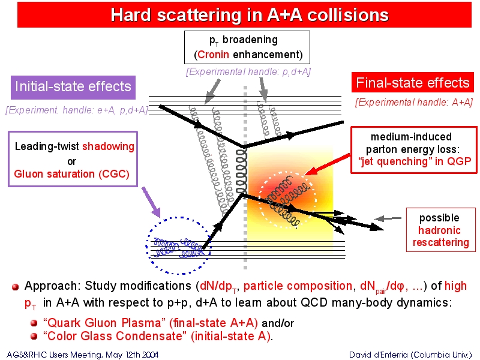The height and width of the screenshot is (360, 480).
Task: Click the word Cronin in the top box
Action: tap(213, 55)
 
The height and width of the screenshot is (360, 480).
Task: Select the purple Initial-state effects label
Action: tap(73, 87)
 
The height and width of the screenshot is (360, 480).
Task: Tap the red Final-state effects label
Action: tap(413, 83)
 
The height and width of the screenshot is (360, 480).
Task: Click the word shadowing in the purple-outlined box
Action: tap(108, 146)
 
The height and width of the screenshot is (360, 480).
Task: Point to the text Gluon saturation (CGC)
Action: tap(72, 174)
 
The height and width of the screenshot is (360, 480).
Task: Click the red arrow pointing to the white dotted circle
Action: tap(328, 164)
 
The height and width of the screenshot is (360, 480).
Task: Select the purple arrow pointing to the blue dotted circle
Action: tap(151, 202)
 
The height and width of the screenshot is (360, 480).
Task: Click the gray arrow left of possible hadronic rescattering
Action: tap(388, 218)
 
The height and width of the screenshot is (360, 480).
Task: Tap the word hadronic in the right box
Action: tap(439, 230)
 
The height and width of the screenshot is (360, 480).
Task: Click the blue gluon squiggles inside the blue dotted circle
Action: tap(178, 247)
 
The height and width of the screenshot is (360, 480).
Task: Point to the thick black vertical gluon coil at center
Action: tap(242, 172)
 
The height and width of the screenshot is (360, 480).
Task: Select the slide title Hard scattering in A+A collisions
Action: tap(250, 14)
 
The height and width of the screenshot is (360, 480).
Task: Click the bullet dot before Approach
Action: tap(16, 287)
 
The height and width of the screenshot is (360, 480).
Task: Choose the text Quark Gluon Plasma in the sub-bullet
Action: tap(102, 323)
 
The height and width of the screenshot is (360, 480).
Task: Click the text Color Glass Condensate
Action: tap(115, 336)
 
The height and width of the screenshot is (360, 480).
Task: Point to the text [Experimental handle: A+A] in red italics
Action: tap(414, 102)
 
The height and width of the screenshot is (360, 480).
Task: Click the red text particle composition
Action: tap(298, 286)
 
